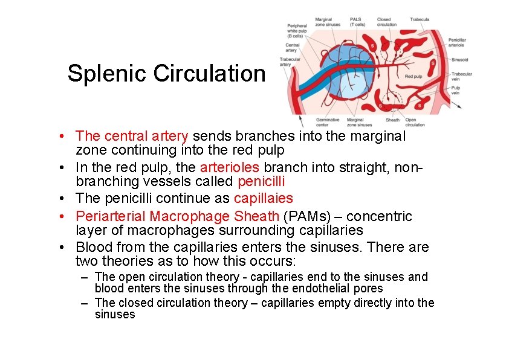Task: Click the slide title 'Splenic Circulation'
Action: click(x=166, y=74)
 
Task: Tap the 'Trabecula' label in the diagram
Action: click(x=420, y=19)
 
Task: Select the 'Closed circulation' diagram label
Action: click(x=387, y=22)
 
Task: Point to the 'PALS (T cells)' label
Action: click(x=357, y=22)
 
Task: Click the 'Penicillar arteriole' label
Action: click(x=458, y=42)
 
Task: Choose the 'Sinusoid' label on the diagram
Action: click(x=459, y=60)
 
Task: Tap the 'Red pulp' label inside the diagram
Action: click(x=413, y=77)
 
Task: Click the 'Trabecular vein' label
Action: click(x=462, y=77)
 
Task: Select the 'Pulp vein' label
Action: click(x=456, y=91)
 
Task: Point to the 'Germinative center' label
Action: click(x=328, y=122)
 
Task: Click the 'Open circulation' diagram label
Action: click(x=414, y=122)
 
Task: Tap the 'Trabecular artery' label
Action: click(x=290, y=62)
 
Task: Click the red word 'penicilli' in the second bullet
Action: click(x=261, y=181)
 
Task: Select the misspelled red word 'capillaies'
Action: click(x=263, y=198)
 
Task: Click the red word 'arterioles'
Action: click(x=230, y=167)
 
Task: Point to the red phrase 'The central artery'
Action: click(x=132, y=137)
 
